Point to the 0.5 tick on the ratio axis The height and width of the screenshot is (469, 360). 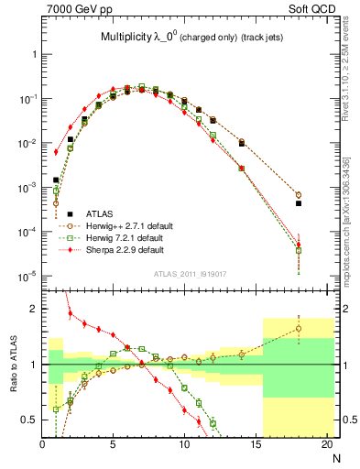click(32, 420)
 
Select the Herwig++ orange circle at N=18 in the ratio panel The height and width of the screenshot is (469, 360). click(299, 329)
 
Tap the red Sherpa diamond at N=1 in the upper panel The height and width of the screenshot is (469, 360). click(56, 152)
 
